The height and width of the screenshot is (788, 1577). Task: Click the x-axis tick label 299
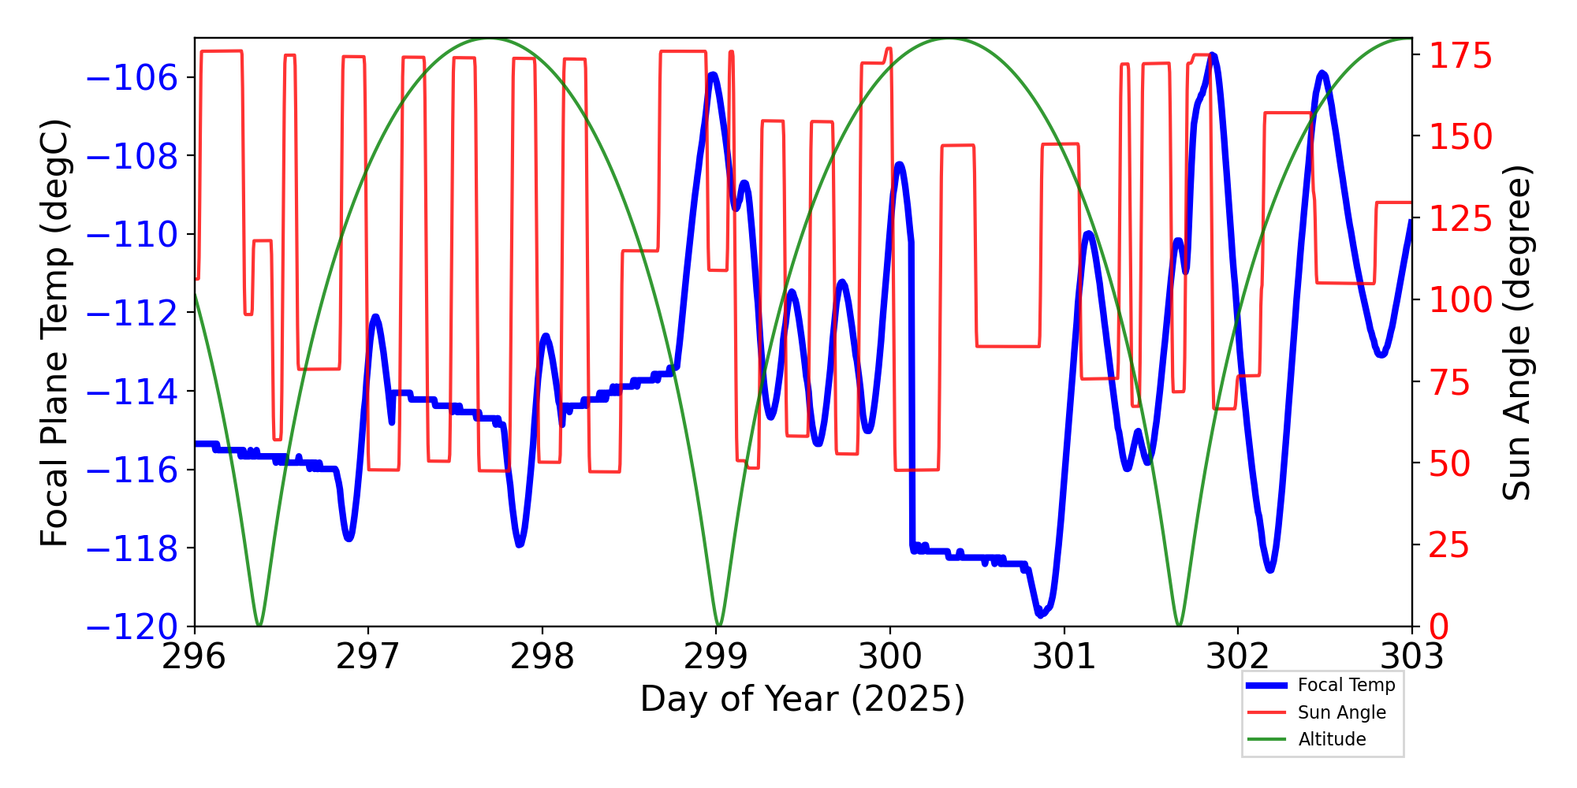point(716,656)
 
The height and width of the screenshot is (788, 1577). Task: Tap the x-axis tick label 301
point(1064,656)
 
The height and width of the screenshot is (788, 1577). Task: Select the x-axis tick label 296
point(194,656)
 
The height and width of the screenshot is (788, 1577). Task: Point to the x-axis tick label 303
point(1411,656)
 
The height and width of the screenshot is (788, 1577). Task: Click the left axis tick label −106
point(132,78)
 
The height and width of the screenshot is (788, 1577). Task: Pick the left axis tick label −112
point(132,314)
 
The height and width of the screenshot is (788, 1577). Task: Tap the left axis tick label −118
point(132,548)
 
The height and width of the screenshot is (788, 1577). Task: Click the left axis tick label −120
point(132,627)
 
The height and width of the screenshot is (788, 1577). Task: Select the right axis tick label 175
point(1460,57)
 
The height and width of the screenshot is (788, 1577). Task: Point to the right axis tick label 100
point(1460,300)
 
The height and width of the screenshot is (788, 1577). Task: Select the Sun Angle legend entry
point(1341,712)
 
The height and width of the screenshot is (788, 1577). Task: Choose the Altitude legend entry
point(1332,739)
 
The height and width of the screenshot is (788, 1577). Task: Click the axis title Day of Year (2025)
point(802,699)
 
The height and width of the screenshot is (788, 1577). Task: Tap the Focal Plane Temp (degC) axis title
point(55,332)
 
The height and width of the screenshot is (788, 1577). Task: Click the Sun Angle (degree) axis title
point(1515,332)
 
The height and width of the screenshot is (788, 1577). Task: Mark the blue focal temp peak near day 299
point(713,74)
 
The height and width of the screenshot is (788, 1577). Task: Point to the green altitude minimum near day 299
point(718,625)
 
